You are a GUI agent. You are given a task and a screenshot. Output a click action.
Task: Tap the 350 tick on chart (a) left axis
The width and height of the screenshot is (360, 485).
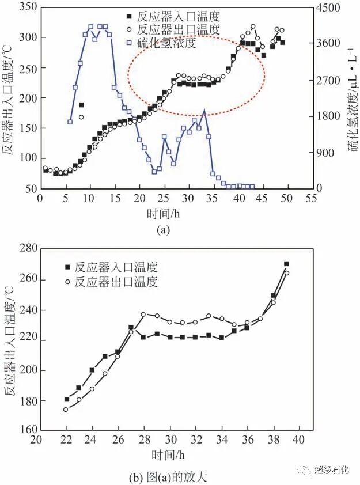(x=26, y=7)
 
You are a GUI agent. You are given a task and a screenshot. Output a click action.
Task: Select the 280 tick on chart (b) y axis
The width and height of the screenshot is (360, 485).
(x=26, y=248)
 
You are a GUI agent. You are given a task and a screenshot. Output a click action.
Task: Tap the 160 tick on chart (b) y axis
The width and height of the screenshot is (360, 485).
(x=26, y=430)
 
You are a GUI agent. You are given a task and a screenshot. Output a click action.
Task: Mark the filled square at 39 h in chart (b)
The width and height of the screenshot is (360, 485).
(x=286, y=264)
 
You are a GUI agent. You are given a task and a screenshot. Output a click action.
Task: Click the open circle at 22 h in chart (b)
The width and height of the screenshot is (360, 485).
(x=66, y=410)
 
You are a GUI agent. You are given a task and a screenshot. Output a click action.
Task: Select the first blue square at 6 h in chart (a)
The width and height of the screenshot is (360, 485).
(x=70, y=122)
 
